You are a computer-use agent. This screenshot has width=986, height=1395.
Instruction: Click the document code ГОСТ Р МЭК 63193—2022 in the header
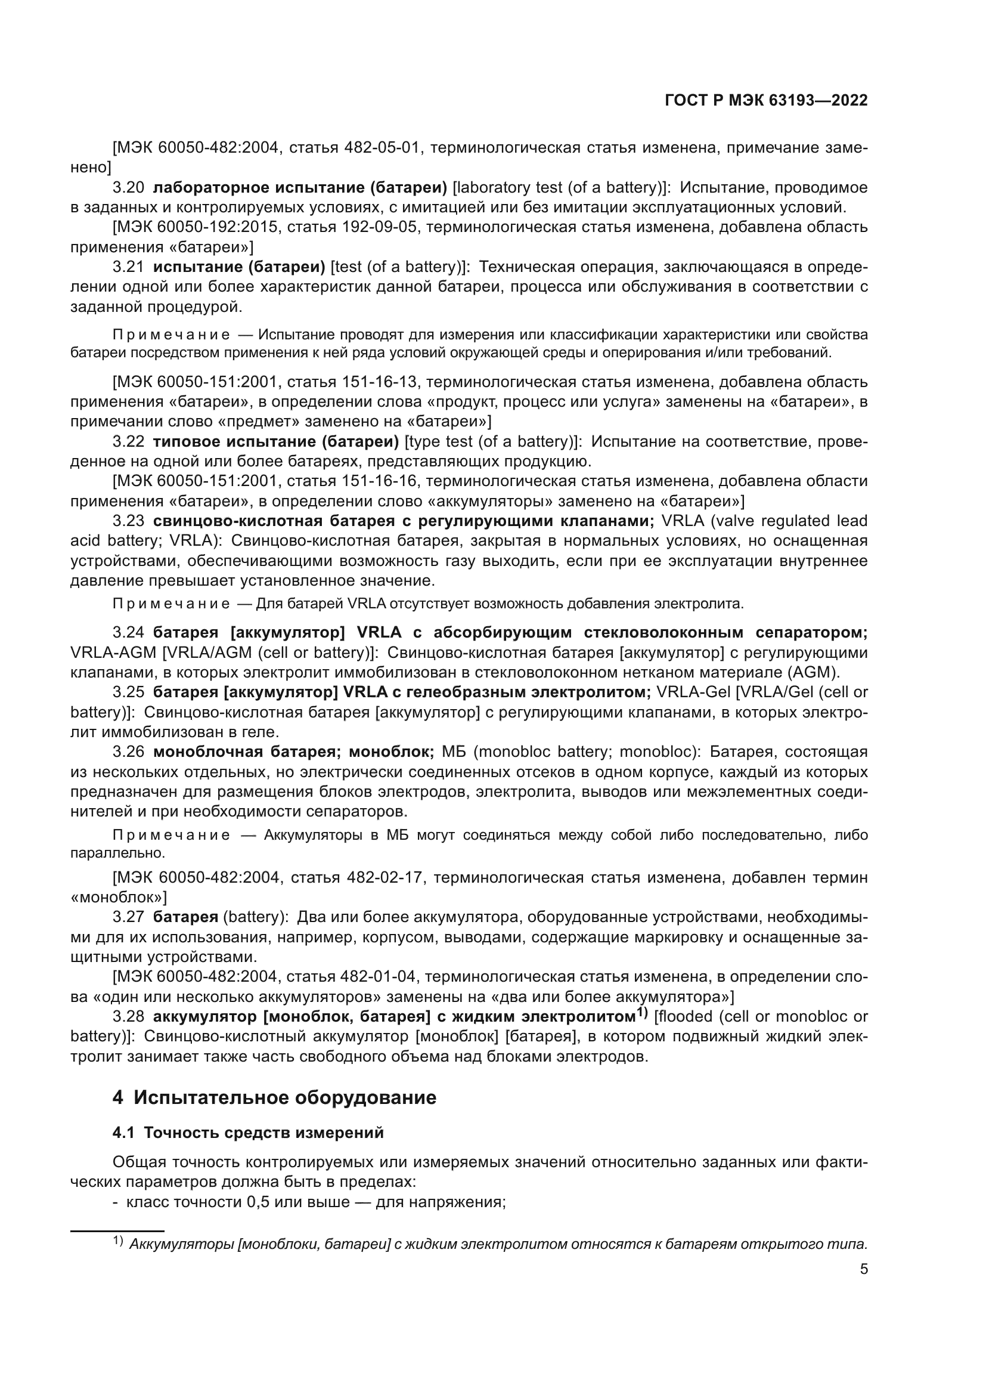point(766,101)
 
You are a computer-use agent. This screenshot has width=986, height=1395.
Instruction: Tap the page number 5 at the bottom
point(864,1269)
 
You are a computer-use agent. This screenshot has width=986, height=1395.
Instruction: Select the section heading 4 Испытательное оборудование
point(274,1098)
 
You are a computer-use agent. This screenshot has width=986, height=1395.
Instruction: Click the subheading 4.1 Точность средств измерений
point(249,1133)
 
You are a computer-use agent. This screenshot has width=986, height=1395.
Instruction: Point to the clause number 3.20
point(128,188)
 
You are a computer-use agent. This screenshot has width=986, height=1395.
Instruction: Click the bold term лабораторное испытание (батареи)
point(300,188)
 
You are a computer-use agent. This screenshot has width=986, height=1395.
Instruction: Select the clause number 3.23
point(128,521)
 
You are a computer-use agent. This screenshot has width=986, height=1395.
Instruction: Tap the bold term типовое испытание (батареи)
point(275,441)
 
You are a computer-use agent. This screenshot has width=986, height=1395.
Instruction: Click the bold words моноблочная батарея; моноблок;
point(293,752)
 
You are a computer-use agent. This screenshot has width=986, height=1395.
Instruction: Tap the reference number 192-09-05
point(382,227)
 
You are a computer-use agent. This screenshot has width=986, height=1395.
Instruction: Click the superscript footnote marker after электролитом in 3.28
point(642,1013)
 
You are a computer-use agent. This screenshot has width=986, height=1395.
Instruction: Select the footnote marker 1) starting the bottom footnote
point(118,1240)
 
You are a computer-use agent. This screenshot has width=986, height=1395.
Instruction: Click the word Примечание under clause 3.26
point(171,836)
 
